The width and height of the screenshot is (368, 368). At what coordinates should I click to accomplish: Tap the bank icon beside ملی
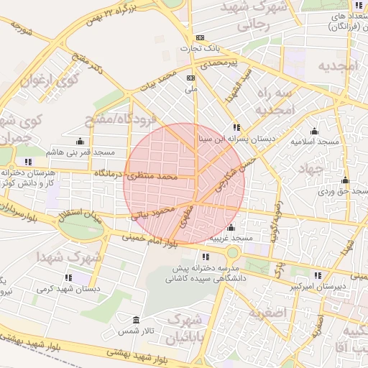tap(190, 78)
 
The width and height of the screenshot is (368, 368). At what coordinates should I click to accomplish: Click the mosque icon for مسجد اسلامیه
tap(314, 131)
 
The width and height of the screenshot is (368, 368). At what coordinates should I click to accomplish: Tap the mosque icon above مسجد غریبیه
tap(230, 227)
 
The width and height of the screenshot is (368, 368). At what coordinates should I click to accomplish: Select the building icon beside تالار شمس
tap(137, 319)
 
